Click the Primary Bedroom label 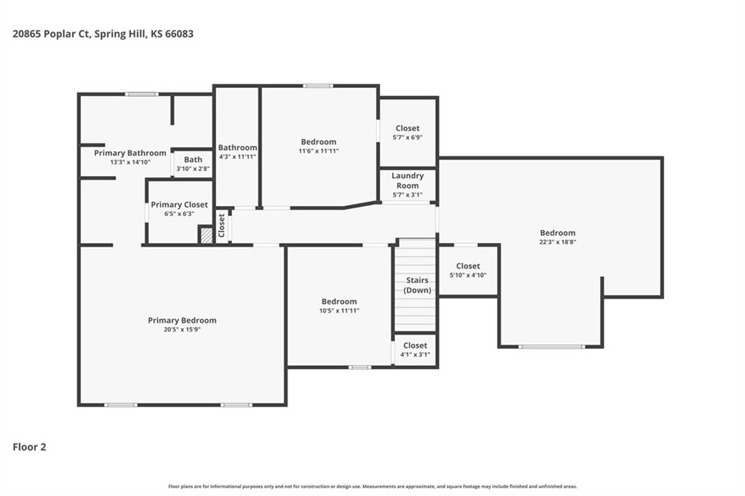coord(182,320)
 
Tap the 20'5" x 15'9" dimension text coord(182,329)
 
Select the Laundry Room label coord(407,180)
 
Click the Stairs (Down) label coord(417,285)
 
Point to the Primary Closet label coord(179,205)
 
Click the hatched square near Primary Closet coord(206,236)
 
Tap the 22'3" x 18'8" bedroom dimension coord(558,242)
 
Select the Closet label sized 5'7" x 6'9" coord(407,128)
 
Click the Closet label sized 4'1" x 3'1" coord(415,345)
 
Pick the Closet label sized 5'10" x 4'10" coord(468,266)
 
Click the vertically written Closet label coord(221,225)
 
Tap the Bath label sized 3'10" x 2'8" coord(193,159)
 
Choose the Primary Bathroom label coord(130,153)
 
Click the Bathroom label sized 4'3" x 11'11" coord(238,148)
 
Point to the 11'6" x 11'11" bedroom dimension coord(319,151)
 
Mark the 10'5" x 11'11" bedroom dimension coord(339,311)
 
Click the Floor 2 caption coord(29,447)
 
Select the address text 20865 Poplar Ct coord(52,33)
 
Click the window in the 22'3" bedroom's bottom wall coord(551,347)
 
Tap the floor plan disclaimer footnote coord(372,487)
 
